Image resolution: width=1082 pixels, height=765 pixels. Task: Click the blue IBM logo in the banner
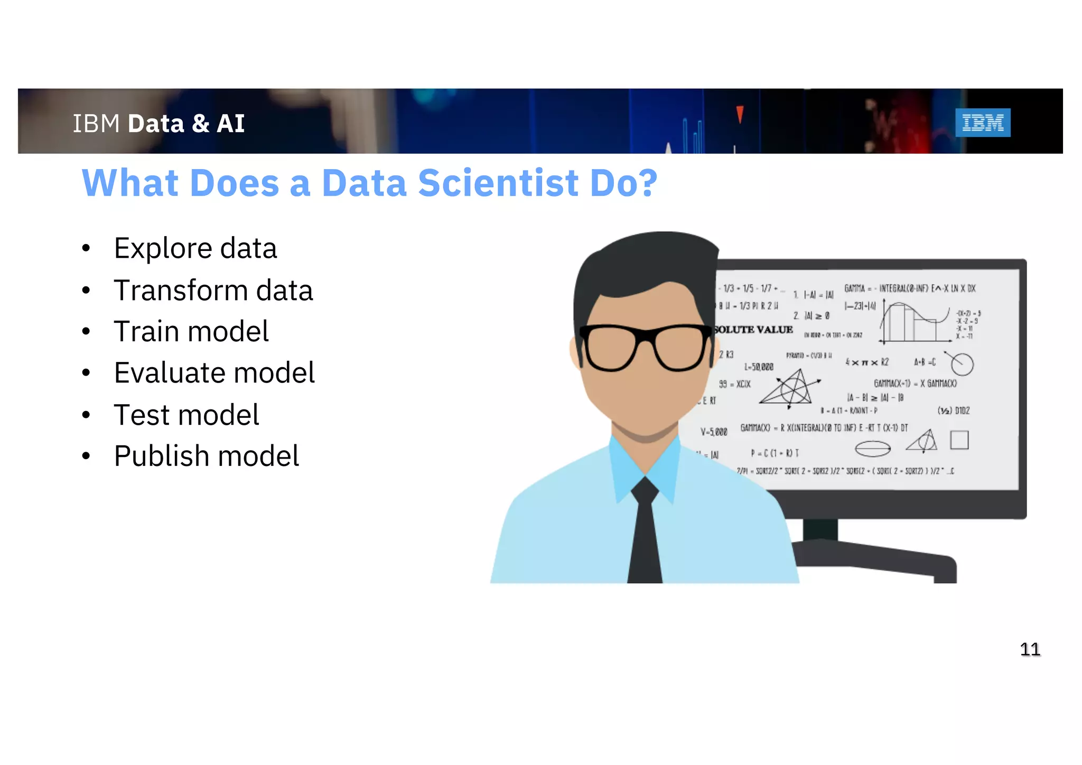[982, 123]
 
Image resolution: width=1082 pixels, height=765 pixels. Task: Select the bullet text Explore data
[195, 248]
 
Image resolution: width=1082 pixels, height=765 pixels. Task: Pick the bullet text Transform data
[213, 291]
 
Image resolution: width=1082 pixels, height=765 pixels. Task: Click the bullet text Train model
[191, 332]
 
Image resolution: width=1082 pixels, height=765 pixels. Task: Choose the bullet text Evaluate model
[214, 373]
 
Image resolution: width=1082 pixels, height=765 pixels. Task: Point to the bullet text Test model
[186, 415]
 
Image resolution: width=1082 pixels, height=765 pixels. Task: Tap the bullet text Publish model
[206, 456]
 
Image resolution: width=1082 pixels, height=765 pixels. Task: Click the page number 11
[1030, 649]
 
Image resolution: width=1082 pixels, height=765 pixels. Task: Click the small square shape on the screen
[959, 440]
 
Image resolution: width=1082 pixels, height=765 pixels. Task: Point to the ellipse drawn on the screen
[872, 449]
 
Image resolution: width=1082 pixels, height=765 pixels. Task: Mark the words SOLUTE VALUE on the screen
[753, 330]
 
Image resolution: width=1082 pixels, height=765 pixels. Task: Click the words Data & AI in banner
[186, 124]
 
